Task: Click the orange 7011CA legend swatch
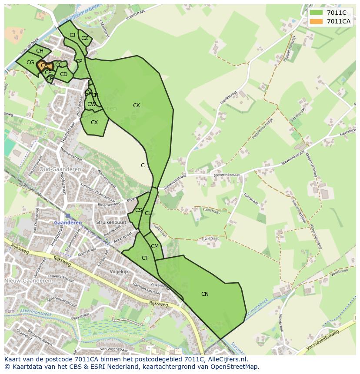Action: (x=317, y=21)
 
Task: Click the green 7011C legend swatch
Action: (x=317, y=13)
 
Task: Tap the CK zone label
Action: (x=137, y=106)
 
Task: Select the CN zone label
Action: (x=205, y=294)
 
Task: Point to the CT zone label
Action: (x=145, y=258)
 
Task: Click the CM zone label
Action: (x=155, y=246)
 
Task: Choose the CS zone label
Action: (x=139, y=210)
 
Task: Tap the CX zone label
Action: (x=94, y=122)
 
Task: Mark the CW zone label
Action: (x=91, y=104)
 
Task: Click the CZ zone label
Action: (x=85, y=38)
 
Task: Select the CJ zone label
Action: (x=73, y=35)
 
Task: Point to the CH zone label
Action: (x=40, y=51)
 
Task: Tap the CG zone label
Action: (x=30, y=63)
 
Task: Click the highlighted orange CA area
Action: (x=43, y=66)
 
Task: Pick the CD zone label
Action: (x=63, y=74)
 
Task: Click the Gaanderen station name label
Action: (x=68, y=222)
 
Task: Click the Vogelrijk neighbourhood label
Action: (x=120, y=271)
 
